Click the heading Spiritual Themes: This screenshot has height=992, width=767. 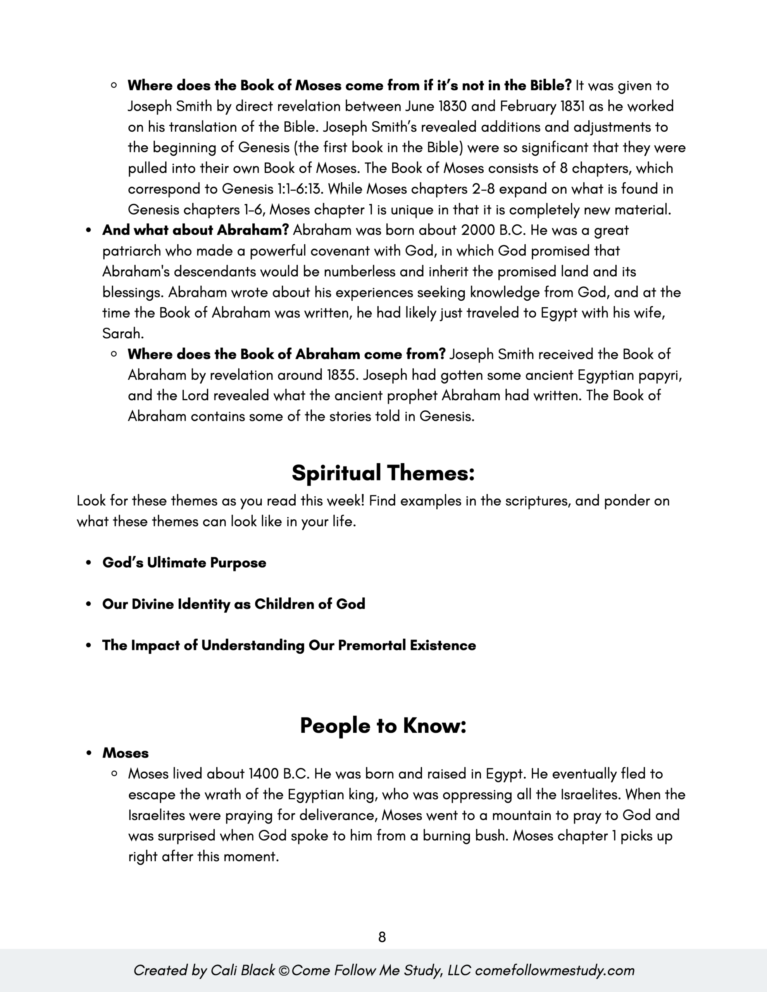(x=383, y=473)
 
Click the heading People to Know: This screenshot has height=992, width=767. (x=383, y=725)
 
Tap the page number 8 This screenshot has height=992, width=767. (x=382, y=937)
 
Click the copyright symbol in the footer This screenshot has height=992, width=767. (x=284, y=971)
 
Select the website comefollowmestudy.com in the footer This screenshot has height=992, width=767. (x=554, y=970)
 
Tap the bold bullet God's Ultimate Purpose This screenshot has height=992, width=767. (x=184, y=563)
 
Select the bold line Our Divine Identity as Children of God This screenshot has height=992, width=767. (x=234, y=604)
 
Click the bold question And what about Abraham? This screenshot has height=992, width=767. (x=195, y=230)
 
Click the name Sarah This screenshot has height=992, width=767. (x=122, y=334)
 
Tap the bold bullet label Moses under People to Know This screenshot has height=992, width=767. (x=126, y=753)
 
